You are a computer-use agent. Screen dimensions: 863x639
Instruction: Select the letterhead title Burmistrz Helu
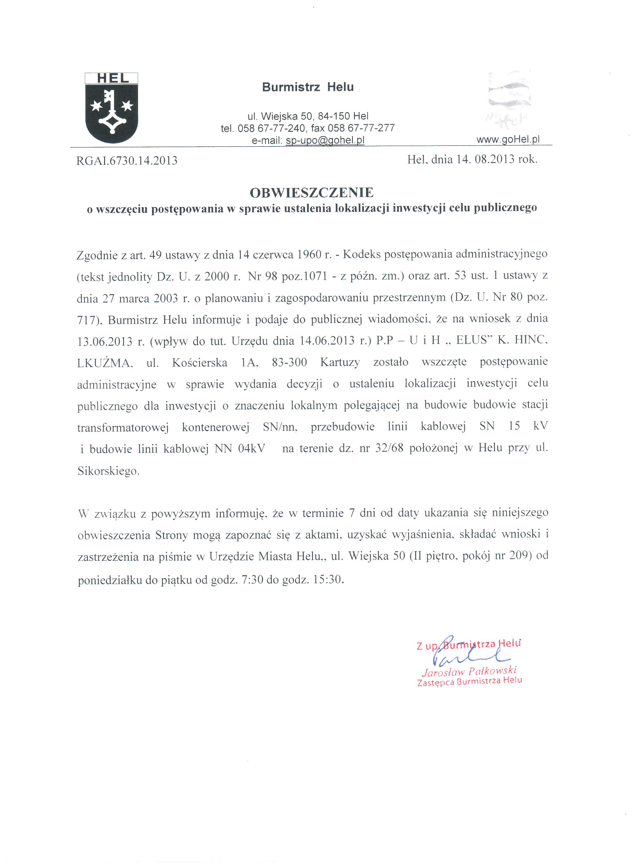coord(308,87)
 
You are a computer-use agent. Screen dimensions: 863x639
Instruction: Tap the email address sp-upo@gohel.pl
coord(325,140)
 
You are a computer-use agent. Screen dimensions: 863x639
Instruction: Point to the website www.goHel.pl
coord(508,139)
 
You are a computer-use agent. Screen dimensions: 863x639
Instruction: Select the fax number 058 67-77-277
coord(361,128)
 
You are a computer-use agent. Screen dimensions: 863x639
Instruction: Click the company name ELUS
coord(471,340)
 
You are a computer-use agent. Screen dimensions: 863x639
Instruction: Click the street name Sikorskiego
coord(108,471)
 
